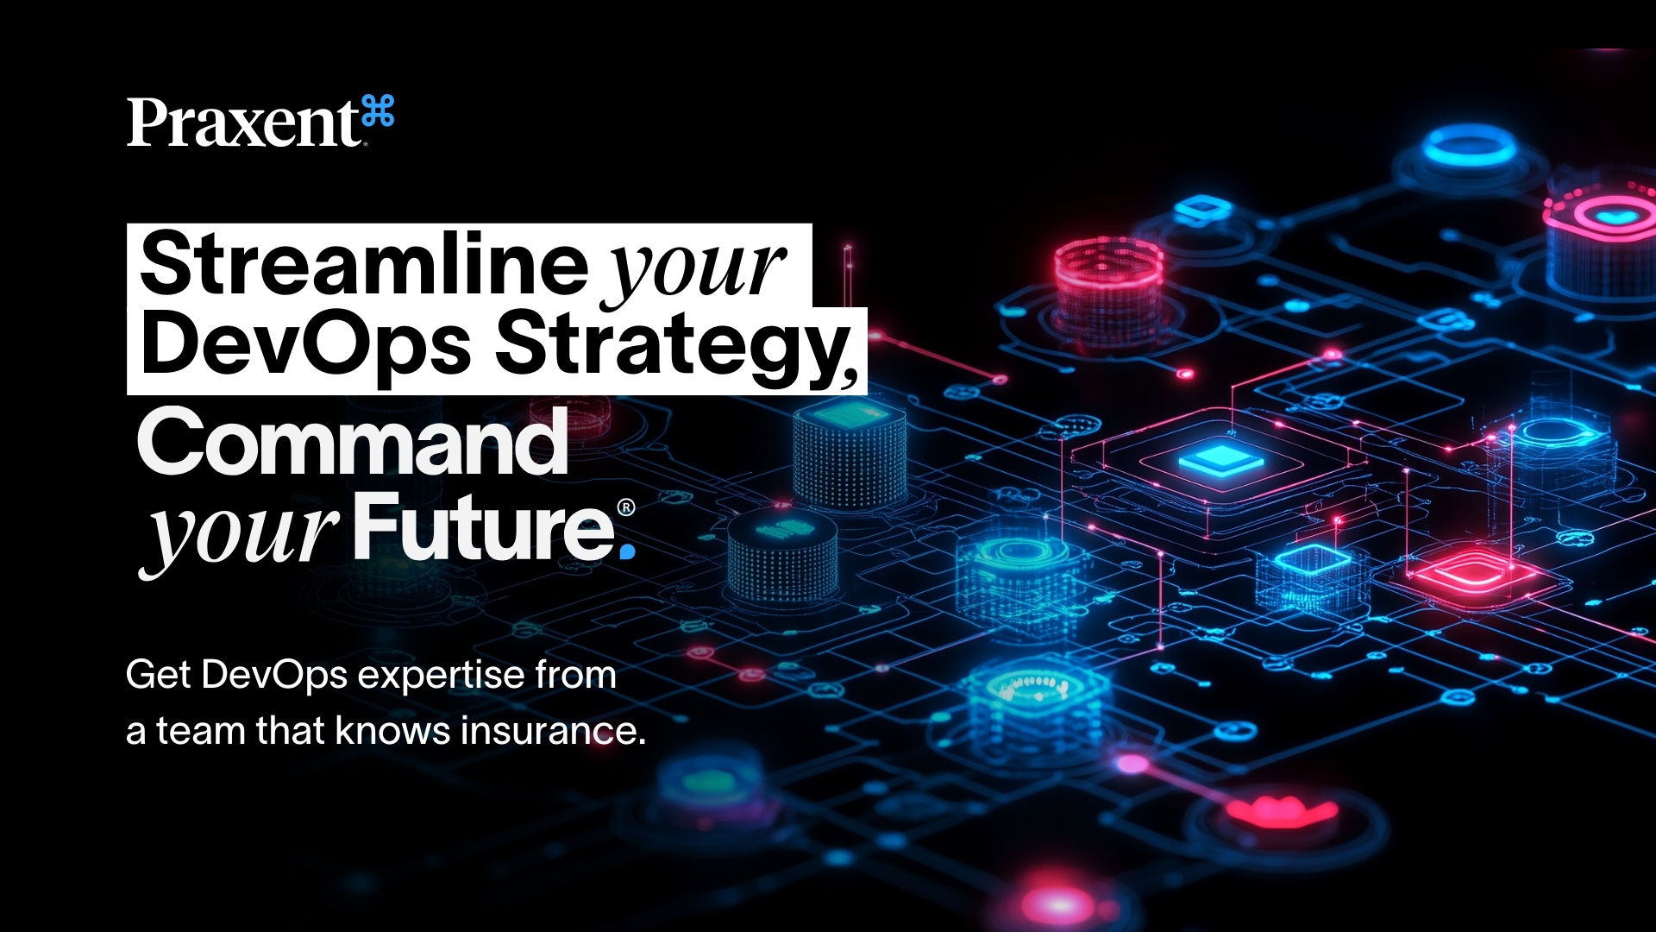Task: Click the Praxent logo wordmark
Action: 243,123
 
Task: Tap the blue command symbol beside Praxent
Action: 379,112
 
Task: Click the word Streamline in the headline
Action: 363,263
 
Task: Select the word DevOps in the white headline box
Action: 306,345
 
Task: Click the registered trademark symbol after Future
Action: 626,507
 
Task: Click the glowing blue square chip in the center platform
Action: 1220,459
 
